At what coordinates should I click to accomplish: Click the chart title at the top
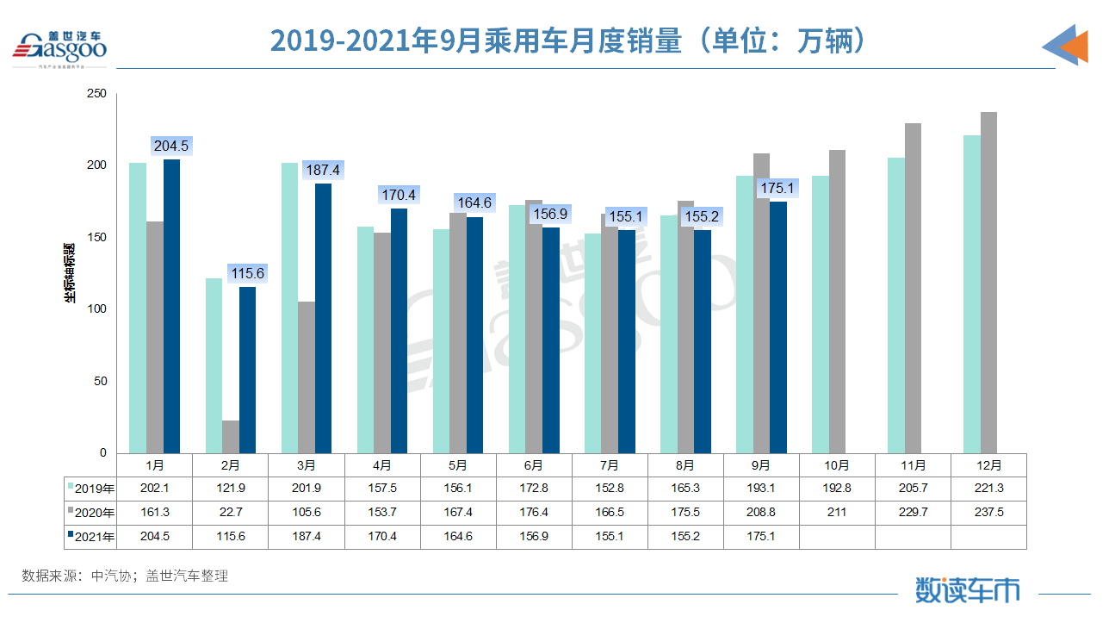[567, 40]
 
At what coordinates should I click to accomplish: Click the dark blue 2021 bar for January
[172, 306]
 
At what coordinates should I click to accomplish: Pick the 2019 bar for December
[972, 294]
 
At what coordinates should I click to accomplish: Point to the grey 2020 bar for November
[913, 288]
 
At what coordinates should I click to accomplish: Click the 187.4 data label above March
[323, 171]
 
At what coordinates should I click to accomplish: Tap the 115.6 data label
[247, 274]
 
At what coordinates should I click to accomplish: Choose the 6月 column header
[534, 465]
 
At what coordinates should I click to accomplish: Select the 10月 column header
[837, 465]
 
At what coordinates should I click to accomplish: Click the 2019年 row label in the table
[90, 489]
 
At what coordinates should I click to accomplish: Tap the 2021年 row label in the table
[90, 536]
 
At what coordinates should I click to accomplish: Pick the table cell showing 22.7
[231, 513]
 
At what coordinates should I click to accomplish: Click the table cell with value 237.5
[988, 513]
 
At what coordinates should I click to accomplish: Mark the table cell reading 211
[837, 513]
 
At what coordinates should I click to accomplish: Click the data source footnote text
[125, 576]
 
